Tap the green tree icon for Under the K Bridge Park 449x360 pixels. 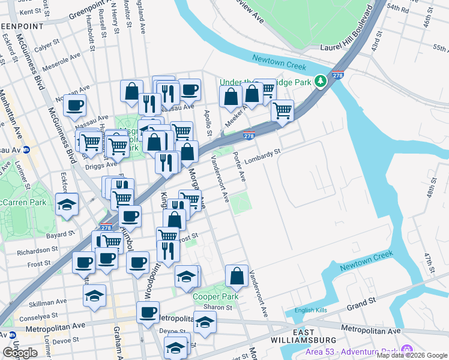321,80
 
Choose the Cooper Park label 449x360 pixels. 215,296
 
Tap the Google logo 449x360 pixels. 20,353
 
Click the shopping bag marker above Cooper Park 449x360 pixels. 237,276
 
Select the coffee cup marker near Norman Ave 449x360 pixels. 74,106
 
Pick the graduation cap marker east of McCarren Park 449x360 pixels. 67,203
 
